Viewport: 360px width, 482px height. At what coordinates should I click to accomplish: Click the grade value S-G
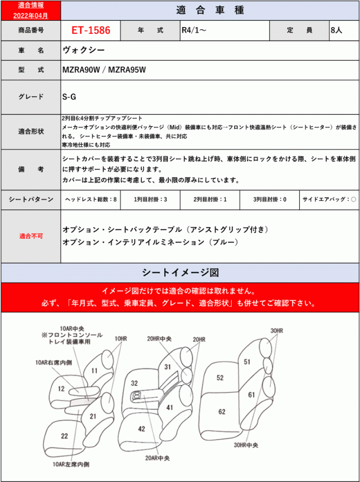pyautogui.click(x=69, y=96)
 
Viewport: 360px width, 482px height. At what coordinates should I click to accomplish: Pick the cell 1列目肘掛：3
pyautogui.click(x=150, y=200)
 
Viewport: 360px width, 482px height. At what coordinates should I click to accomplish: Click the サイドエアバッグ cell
pyautogui.click(x=328, y=200)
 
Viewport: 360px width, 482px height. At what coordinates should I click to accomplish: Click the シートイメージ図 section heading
pyautogui.click(x=180, y=273)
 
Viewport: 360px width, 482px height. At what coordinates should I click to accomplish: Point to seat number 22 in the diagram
pyautogui.click(x=65, y=436)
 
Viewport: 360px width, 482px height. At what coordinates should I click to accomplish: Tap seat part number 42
pyautogui.click(x=142, y=429)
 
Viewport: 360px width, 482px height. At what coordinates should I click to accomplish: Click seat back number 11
pyautogui.click(x=94, y=370)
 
